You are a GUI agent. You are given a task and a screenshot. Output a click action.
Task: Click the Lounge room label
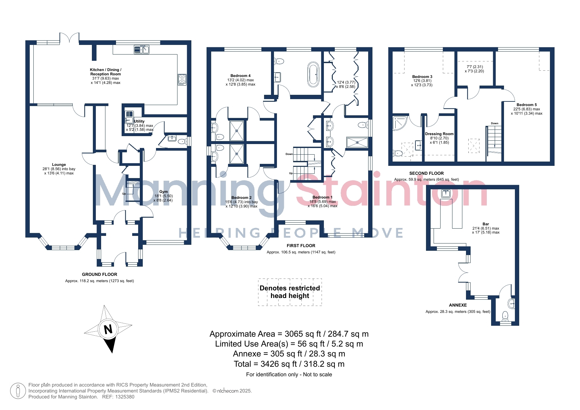click(x=59, y=165)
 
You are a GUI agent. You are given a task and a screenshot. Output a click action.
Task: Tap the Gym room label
click(x=164, y=192)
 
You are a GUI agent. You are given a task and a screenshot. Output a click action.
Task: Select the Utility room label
click(x=139, y=121)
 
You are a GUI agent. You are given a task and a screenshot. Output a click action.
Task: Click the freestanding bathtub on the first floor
click(x=313, y=75)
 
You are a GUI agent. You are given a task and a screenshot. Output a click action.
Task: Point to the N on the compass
click(x=108, y=329)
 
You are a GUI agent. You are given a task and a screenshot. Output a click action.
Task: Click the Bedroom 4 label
click(x=241, y=76)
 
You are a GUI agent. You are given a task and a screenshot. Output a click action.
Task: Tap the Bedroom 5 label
click(x=527, y=105)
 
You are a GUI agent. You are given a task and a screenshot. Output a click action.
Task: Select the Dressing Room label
click(x=439, y=134)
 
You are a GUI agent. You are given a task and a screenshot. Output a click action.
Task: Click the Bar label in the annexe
click(x=485, y=224)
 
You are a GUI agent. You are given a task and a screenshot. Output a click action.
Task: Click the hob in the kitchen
click(x=182, y=80)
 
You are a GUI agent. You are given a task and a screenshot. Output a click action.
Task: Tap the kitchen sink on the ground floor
click(x=142, y=50)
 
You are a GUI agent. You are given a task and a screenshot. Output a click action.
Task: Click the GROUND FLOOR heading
click(x=99, y=274)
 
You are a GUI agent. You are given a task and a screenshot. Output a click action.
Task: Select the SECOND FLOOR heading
click(x=426, y=173)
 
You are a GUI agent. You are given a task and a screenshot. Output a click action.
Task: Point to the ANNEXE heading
click(x=458, y=305)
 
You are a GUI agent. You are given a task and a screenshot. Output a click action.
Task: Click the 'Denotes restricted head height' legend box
click(x=290, y=292)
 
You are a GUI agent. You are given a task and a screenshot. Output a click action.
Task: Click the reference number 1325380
click(x=125, y=397)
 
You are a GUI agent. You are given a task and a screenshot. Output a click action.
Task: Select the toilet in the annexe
click(x=505, y=316)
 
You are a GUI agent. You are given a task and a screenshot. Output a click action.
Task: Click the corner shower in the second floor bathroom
click(x=400, y=123)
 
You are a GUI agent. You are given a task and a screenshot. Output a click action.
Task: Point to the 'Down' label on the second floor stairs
click(x=494, y=123)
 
